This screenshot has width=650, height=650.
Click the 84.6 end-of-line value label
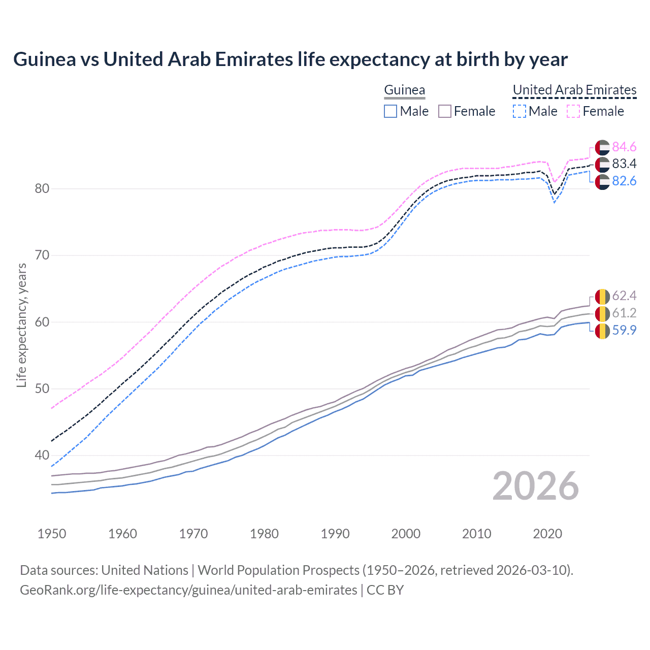tap(624, 147)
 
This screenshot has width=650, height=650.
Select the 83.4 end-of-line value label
tap(624, 164)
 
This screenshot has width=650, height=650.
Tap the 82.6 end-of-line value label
tap(624, 181)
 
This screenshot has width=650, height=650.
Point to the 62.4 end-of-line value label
tap(624, 296)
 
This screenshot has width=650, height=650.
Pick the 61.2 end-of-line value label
tap(624, 313)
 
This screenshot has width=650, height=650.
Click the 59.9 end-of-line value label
tap(624, 330)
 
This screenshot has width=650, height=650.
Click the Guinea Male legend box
tap(390, 111)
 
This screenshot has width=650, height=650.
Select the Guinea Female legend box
tap(444, 111)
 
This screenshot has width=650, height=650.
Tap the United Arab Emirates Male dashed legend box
tap(519, 111)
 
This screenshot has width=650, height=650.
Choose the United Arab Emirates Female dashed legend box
tap(573, 111)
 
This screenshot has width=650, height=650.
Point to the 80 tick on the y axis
tap(42, 188)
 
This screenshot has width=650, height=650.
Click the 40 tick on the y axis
tap(42, 455)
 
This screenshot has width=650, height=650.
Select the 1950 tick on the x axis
tap(52, 534)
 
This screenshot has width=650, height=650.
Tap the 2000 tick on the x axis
tap(406, 534)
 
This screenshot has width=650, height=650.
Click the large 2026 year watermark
tap(535, 486)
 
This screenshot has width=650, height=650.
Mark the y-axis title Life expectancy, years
tap(21, 325)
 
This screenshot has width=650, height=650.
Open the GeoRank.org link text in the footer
tap(188, 590)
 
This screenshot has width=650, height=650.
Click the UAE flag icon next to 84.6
tap(602, 147)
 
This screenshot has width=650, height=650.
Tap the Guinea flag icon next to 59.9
tap(602, 331)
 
